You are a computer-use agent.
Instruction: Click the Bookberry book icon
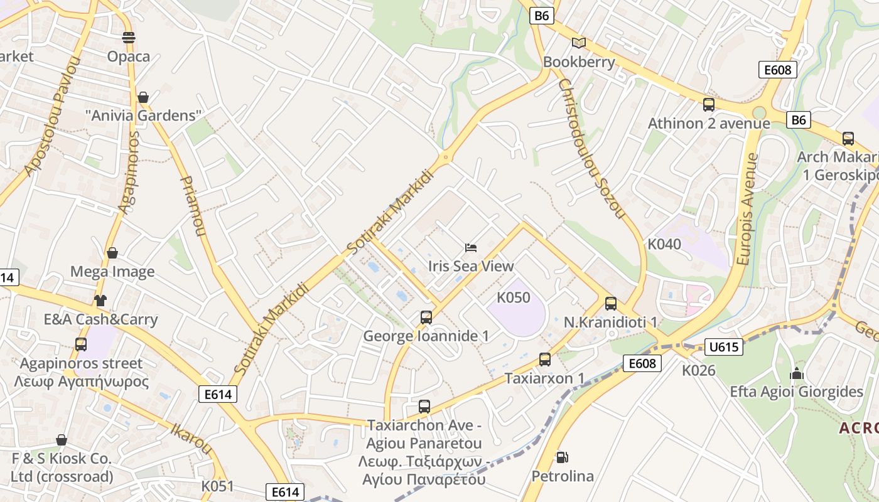tap(578, 43)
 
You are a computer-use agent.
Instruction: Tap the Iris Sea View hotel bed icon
tap(471, 247)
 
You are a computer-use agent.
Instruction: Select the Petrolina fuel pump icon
tap(562, 457)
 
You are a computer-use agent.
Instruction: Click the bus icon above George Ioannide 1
tap(426, 318)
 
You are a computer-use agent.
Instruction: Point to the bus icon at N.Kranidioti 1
tap(611, 304)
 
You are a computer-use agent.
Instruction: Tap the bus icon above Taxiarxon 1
tap(545, 360)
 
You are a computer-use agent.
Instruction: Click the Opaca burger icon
tap(129, 38)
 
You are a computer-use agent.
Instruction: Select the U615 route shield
tap(724, 347)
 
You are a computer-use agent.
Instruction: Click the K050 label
tap(514, 297)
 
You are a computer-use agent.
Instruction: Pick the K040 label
tap(664, 244)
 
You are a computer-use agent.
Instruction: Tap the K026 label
tap(699, 370)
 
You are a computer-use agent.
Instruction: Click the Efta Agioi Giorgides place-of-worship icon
tap(797, 373)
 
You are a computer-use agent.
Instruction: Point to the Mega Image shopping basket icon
tap(112, 253)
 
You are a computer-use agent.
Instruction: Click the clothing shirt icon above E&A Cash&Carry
tap(100, 300)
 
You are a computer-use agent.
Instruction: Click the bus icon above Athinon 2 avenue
tap(709, 105)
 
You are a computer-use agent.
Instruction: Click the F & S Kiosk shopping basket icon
tap(62, 440)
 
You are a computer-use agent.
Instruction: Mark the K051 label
tap(217, 486)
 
